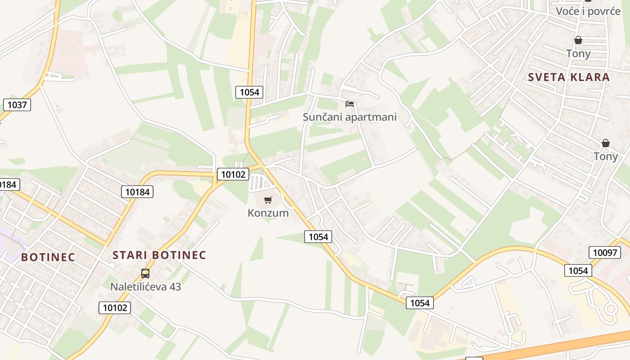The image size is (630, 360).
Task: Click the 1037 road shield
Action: pos(17,105)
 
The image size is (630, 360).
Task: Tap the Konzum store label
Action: pos(268,213)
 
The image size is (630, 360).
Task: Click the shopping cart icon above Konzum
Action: pos(268,200)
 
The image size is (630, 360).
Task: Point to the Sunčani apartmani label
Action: pos(350,117)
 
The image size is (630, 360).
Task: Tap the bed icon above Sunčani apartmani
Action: pos(350,104)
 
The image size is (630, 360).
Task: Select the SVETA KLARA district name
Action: pos(568,77)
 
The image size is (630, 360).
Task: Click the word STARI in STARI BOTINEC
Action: pos(130,255)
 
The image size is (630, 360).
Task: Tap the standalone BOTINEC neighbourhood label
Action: pos(48,257)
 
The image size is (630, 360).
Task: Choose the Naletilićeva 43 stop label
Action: pos(145,286)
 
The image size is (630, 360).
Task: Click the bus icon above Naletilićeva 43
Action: pos(145,273)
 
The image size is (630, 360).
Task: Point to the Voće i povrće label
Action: pos(588,11)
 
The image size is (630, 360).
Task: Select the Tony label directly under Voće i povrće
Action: pos(578,54)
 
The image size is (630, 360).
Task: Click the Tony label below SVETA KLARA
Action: pos(606,156)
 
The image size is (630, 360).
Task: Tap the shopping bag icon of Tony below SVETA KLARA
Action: pos(606,143)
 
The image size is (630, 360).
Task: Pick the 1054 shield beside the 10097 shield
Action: pos(578,270)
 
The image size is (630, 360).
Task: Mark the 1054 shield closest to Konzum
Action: pos(318,237)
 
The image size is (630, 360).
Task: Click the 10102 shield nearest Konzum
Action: pos(233,174)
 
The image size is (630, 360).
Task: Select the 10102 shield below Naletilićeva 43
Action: pos(115,308)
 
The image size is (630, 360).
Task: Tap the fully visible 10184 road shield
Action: pos(137,192)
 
